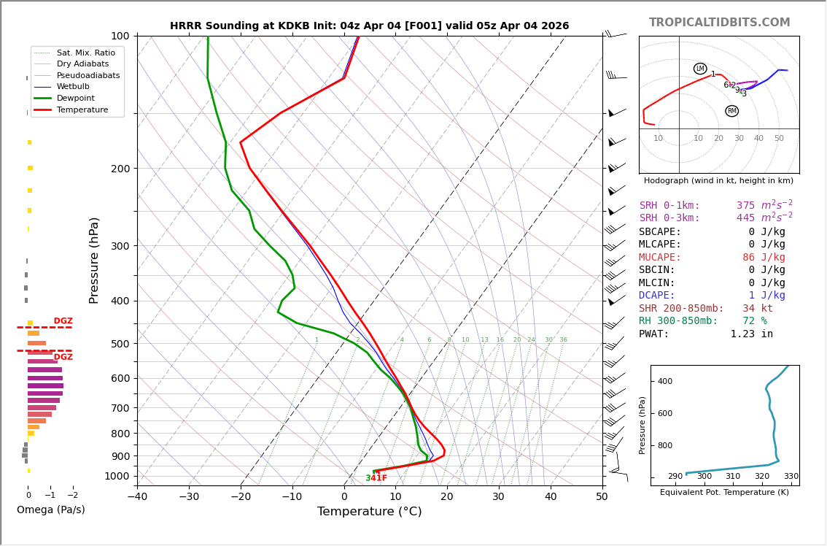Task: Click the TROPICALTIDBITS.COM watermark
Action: coord(719,23)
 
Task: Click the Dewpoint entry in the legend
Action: coord(77,98)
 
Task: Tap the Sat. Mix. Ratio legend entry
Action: coord(85,53)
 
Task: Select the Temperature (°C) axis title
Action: coord(369,512)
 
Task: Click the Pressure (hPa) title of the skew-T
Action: coord(94,260)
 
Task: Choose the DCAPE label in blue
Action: coord(657,296)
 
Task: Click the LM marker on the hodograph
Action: coord(700,69)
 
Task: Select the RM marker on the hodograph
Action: coord(731,111)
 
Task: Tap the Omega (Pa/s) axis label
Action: coord(51,510)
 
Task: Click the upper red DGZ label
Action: coord(63,321)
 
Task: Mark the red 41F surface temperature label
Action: coord(380,478)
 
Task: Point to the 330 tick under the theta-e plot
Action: coord(791,477)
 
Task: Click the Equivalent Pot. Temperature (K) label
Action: coord(724,493)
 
